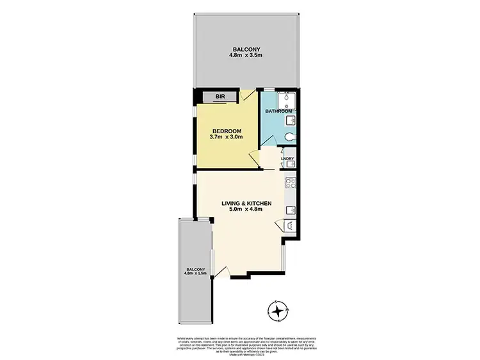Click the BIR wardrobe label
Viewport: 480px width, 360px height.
220,97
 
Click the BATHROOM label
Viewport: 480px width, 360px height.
278,110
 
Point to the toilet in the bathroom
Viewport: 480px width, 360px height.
290,137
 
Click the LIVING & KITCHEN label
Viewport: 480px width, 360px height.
247,204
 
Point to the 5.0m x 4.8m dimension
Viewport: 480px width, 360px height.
247,210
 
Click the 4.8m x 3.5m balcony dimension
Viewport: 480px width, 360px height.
246,55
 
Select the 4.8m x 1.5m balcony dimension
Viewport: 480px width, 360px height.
195,275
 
